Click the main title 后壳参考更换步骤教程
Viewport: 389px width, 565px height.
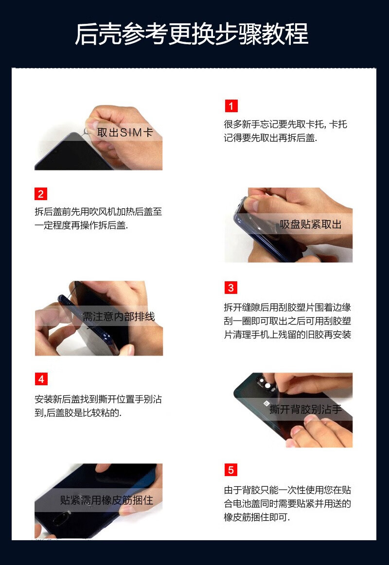[x=192, y=34]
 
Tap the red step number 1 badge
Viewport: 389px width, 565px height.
[x=231, y=106]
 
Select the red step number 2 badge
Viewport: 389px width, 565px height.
[x=41, y=194]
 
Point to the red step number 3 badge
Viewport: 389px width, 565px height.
[x=231, y=288]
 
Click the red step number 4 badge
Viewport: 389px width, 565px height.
[x=41, y=379]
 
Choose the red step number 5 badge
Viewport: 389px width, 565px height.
[x=231, y=470]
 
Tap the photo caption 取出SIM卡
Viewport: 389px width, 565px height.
[x=125, y=133]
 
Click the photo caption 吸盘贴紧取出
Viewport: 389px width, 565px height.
[x=310, y=224]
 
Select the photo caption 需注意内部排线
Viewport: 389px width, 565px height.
[x=119, y=316]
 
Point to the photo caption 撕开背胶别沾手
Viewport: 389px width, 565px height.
[x=305, y=410]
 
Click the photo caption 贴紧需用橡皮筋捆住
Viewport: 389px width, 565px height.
[x=106, y=500]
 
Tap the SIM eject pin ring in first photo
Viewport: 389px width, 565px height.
[x=87, y=132]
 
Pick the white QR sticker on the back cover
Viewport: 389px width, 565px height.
[x=265, y=403]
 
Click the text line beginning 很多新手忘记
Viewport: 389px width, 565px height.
[x=285, y=124]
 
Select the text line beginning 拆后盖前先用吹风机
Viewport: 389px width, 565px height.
[x=98, y=211]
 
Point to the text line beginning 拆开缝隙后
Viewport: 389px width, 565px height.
[x=287, y=308]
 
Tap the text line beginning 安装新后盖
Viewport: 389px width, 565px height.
[x=98, y=399]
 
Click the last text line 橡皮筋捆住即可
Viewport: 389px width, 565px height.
[x=257, y=517]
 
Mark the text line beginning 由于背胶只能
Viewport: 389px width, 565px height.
[x=287, y=490]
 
